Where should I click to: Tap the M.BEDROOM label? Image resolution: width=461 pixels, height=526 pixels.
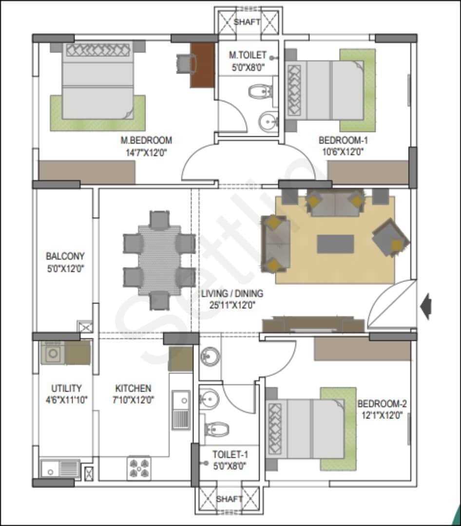(x=146, y=140)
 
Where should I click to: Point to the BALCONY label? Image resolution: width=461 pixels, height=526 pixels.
(x=65, y=256)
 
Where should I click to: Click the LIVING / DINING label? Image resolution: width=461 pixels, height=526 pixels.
(x=232, y=293)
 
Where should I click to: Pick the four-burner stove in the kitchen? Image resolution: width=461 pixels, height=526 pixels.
(x=139, y=468)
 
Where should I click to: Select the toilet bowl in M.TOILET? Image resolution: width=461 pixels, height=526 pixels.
(x=259, y=91)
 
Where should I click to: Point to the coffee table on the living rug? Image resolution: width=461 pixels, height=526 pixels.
(x=335, y=244)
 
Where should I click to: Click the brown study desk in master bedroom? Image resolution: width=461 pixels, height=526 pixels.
(x=202, y=65)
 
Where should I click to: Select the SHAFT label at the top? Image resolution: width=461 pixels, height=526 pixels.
(x=247, y=22)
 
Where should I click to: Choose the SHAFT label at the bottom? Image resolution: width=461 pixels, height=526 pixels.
(x=229, y=499)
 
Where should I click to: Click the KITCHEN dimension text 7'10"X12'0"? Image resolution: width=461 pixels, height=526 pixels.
(x=133, y=400)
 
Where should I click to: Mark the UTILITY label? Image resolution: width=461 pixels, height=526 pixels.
(x=66, y=388)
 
